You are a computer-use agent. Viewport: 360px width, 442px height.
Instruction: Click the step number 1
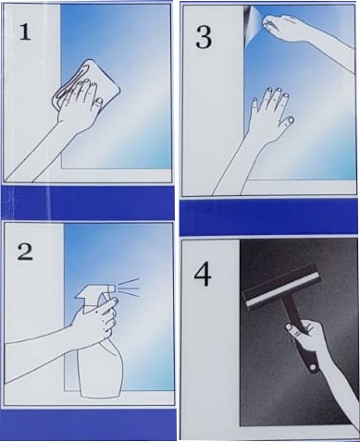pos(25,32)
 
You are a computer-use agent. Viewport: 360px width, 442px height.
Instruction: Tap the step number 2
pos(25,252)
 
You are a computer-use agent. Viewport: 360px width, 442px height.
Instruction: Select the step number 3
pos(204,37)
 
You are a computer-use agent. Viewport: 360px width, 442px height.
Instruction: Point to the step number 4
pos(203,276)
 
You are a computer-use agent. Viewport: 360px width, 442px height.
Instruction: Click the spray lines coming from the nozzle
pos(129,288)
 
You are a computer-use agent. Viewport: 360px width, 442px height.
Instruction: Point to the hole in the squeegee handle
pos(313,367)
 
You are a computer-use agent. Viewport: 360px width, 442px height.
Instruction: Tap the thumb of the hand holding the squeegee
pos(293,329)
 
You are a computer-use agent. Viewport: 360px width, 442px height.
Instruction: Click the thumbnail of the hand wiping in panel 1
pos(99,101)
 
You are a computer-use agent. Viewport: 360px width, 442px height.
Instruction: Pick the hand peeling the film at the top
pos(284,27)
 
